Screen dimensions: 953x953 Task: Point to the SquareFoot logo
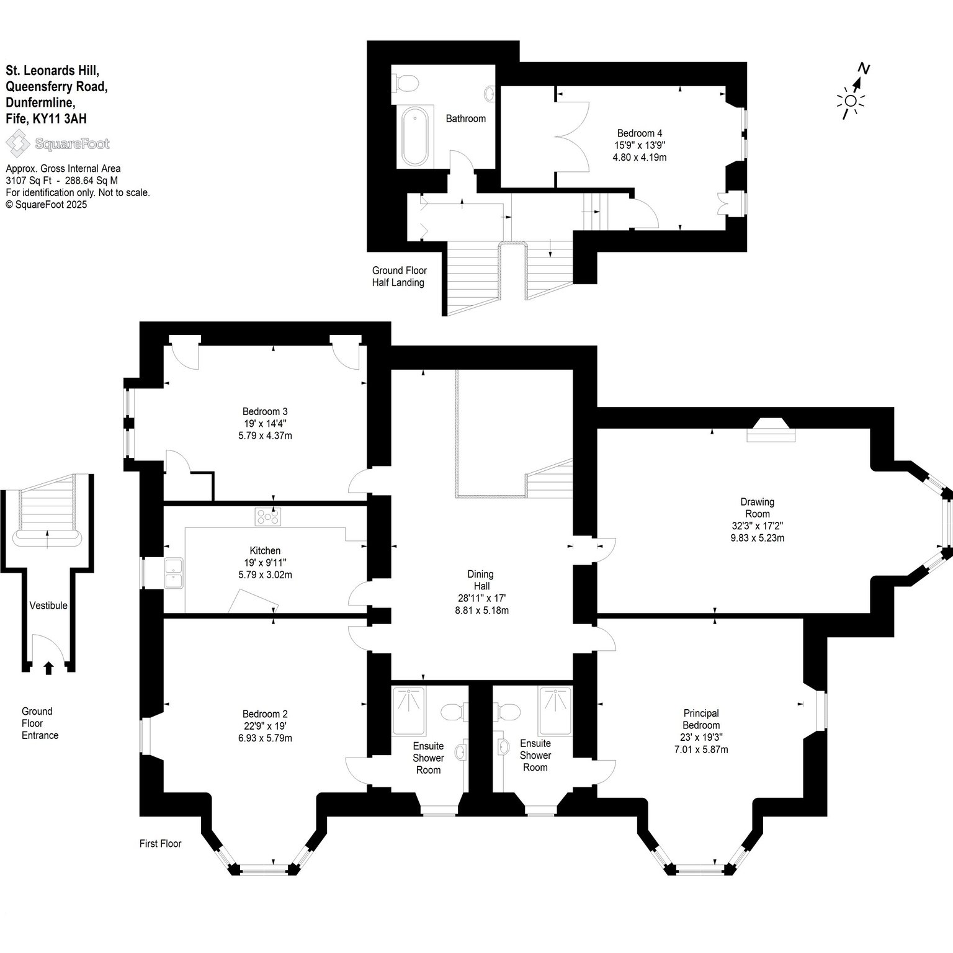click(x=58, y=145)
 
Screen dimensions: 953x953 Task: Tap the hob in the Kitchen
click(x=268, y=516)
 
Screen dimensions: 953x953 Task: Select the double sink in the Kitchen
click(x=174, y=573)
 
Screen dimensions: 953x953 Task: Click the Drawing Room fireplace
click(x=771, y=429)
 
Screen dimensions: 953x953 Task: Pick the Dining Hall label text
click(x=481, y=580)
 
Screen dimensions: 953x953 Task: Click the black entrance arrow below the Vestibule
click(x=49, y=668)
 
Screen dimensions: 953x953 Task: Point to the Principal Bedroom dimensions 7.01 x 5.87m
click(x=701, y=749)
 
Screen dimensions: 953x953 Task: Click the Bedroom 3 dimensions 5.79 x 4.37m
click(x=265, y=436)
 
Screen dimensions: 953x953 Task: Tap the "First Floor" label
click(x=161, y=844)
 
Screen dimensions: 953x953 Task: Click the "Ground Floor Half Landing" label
click(x=399, y=277)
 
